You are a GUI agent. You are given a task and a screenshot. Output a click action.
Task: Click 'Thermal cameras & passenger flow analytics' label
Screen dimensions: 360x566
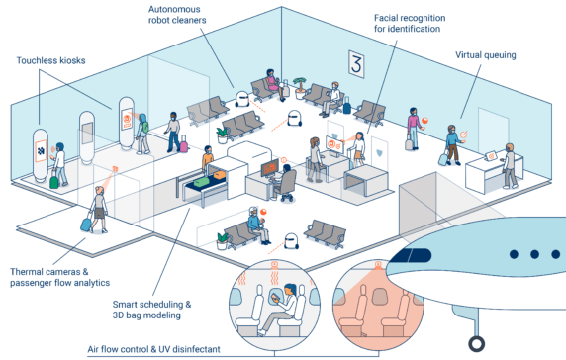point(59,277)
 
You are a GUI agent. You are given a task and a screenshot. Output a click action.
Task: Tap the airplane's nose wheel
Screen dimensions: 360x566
point(477,344)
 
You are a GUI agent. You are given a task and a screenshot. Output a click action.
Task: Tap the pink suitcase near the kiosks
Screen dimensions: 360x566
point(183,145)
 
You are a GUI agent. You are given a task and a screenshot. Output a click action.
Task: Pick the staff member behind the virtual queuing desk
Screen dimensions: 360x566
point(509,163)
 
